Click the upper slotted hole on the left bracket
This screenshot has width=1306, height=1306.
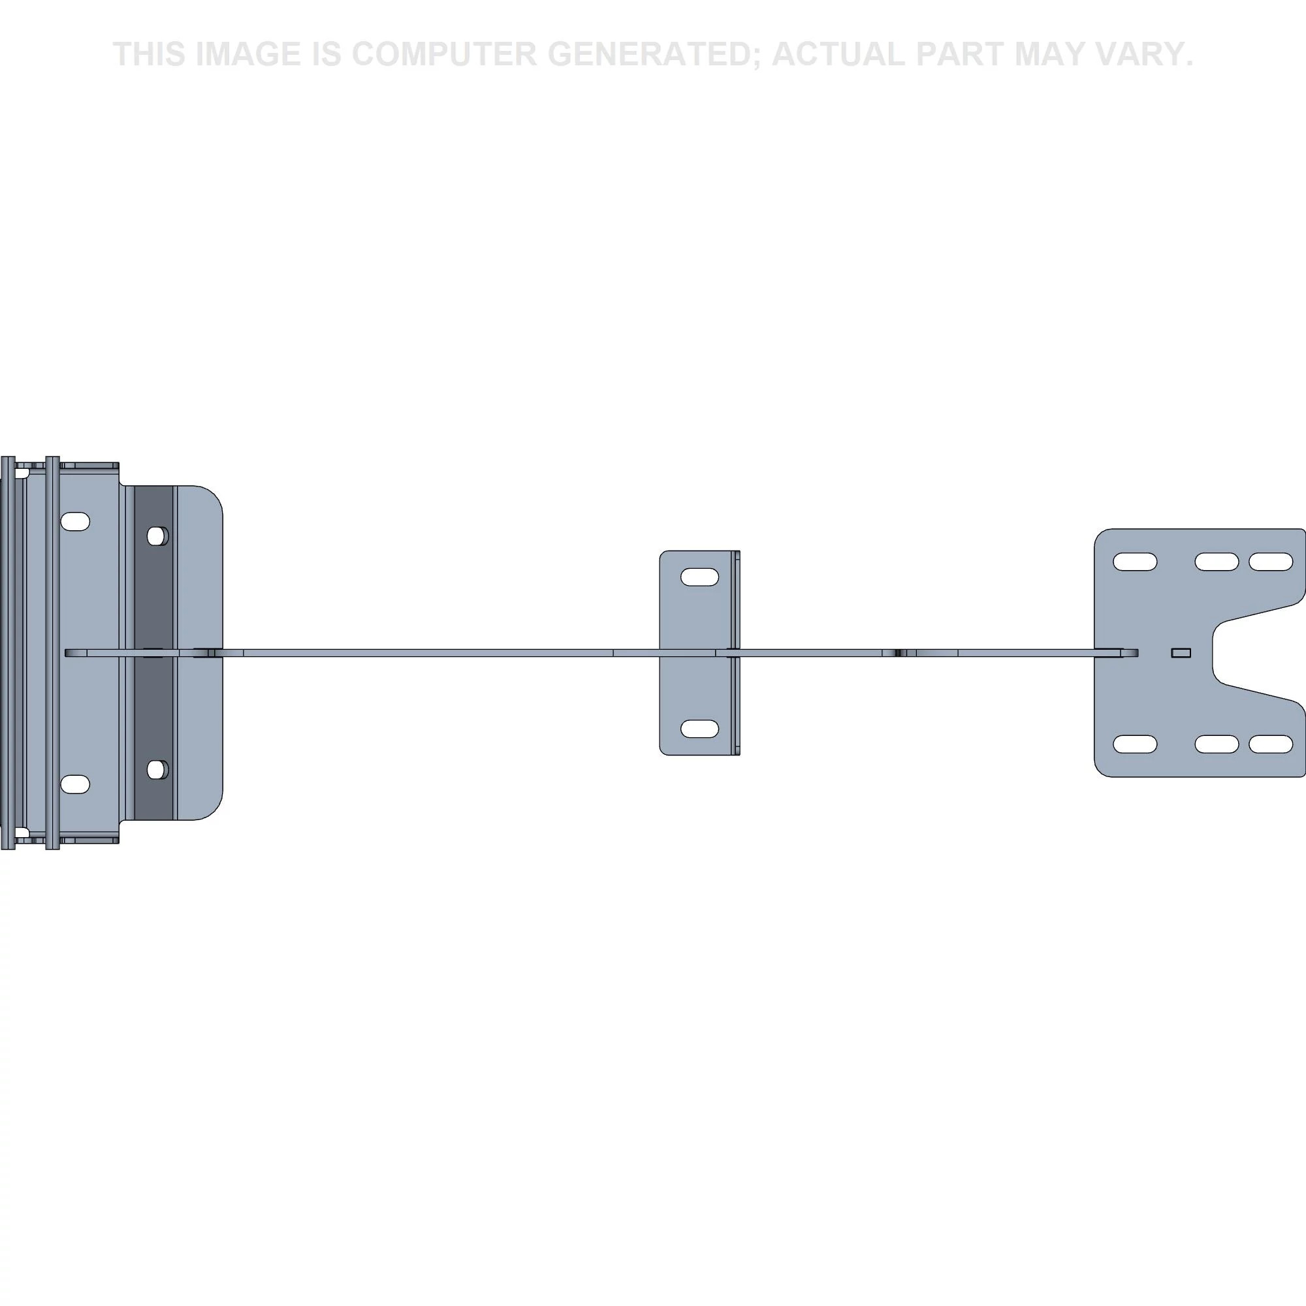[76, 521]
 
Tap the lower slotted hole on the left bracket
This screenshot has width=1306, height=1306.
[76, 784]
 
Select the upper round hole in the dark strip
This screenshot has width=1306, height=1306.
[157, 536]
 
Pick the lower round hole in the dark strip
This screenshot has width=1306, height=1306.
[157, 769]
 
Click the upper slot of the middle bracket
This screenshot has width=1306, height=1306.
[699, 577]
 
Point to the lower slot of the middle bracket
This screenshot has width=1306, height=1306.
[699, 729]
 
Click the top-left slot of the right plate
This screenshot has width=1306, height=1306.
[1135, 562]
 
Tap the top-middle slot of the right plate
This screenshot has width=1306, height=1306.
[1217, 562]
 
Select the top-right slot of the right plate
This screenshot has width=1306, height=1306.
[1271, 562]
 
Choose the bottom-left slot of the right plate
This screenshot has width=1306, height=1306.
[1135, 744]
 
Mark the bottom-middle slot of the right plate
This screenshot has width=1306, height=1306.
[1217, 744]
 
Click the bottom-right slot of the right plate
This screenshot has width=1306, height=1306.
[1271, 744]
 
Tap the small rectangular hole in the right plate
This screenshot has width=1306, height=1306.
[1181, 653]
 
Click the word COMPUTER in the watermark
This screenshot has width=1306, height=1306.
[444, 54]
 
